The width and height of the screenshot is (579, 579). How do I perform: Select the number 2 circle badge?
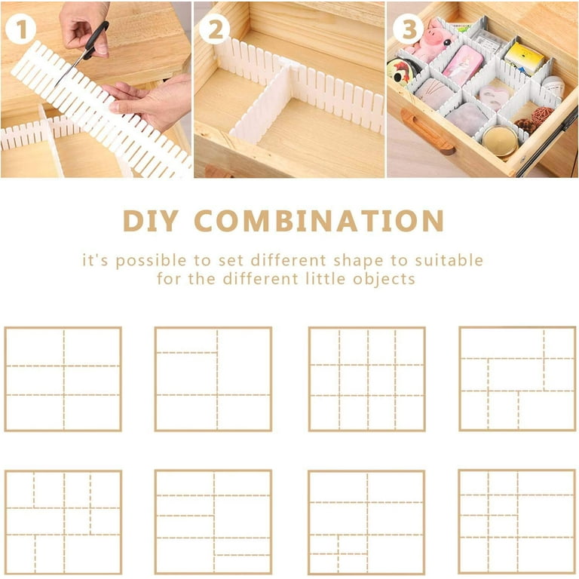[215, 29]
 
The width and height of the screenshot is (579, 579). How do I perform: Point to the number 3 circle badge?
[408, 29]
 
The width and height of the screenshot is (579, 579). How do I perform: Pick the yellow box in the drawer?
[524, 57]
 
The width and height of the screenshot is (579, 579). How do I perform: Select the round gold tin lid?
[499, 140]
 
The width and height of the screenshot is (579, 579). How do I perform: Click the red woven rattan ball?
[541, 115]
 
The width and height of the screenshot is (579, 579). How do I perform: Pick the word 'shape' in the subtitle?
[363, 261]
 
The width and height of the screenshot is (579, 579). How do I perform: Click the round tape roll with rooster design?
[400, 72]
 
